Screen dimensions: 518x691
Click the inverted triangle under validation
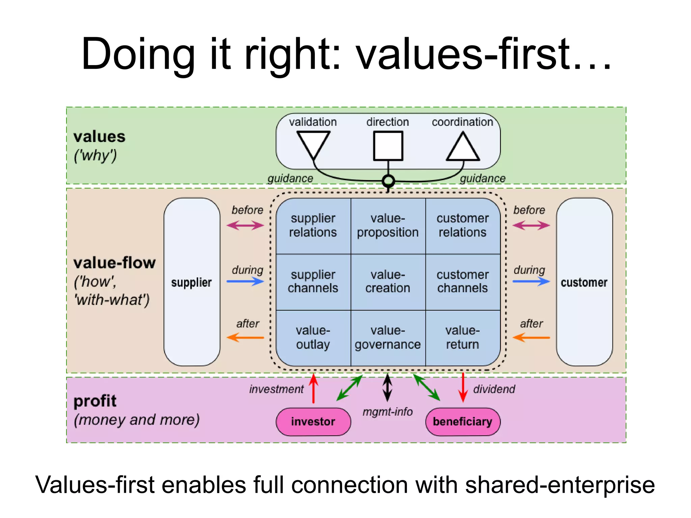[313, 144]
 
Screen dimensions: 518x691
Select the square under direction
[388, 146]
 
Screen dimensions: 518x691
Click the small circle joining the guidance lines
[388, 181]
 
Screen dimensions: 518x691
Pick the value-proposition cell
[388, 226]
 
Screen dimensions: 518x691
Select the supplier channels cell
[313, 282]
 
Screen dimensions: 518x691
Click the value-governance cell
[388, 338]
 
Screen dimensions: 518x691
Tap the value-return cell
[463, 338]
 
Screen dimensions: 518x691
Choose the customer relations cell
[463, 226]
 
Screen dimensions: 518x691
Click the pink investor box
[313, 422]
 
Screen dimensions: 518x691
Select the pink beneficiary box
[463, 422]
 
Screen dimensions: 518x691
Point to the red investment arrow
[313, 388]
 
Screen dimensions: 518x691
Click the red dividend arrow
[463, 388]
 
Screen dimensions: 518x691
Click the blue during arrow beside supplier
[245, 281]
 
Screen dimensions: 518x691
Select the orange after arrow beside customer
[531, 337]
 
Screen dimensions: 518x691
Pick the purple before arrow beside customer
[531, 225]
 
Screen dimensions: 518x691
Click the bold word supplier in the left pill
[191, 283]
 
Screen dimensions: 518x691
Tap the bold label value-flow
[115, 263]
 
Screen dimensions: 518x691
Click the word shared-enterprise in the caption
[560, 485]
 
